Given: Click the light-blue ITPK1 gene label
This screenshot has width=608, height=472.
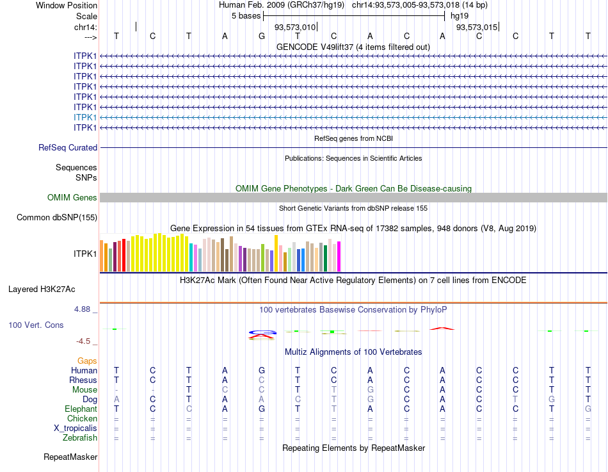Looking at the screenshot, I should (x=85, y=117).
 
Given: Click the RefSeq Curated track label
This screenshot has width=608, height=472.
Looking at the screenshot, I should (x=68, y=147).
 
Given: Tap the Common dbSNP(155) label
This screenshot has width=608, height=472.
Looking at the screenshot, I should (x=57, y=218).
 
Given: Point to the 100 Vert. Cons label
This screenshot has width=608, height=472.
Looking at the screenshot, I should (x=36, y=325).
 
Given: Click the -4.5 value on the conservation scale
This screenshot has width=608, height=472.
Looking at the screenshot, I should (x=84, y=341).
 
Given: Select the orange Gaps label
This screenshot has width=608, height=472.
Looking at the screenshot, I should (x=87, y=361).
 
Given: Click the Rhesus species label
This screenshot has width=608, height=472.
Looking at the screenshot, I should (x=83, y=380).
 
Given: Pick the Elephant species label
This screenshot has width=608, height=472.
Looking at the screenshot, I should (x=81, y=409).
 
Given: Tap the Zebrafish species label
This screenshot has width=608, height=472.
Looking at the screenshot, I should (x=80, y=438).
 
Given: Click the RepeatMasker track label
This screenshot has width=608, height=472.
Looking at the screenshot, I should (x=70, y=457).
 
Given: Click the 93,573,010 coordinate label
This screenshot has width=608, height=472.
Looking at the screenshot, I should (x=295, y=28).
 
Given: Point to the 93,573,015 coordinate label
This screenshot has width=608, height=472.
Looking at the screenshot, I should (x=476, y=28).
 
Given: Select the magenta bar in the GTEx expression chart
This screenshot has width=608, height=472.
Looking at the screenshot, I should (x=339, y=256).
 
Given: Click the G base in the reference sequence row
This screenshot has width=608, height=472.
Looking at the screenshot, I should (x=261, y=36).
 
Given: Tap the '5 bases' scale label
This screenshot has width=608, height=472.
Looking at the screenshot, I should (x=246, y=15).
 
